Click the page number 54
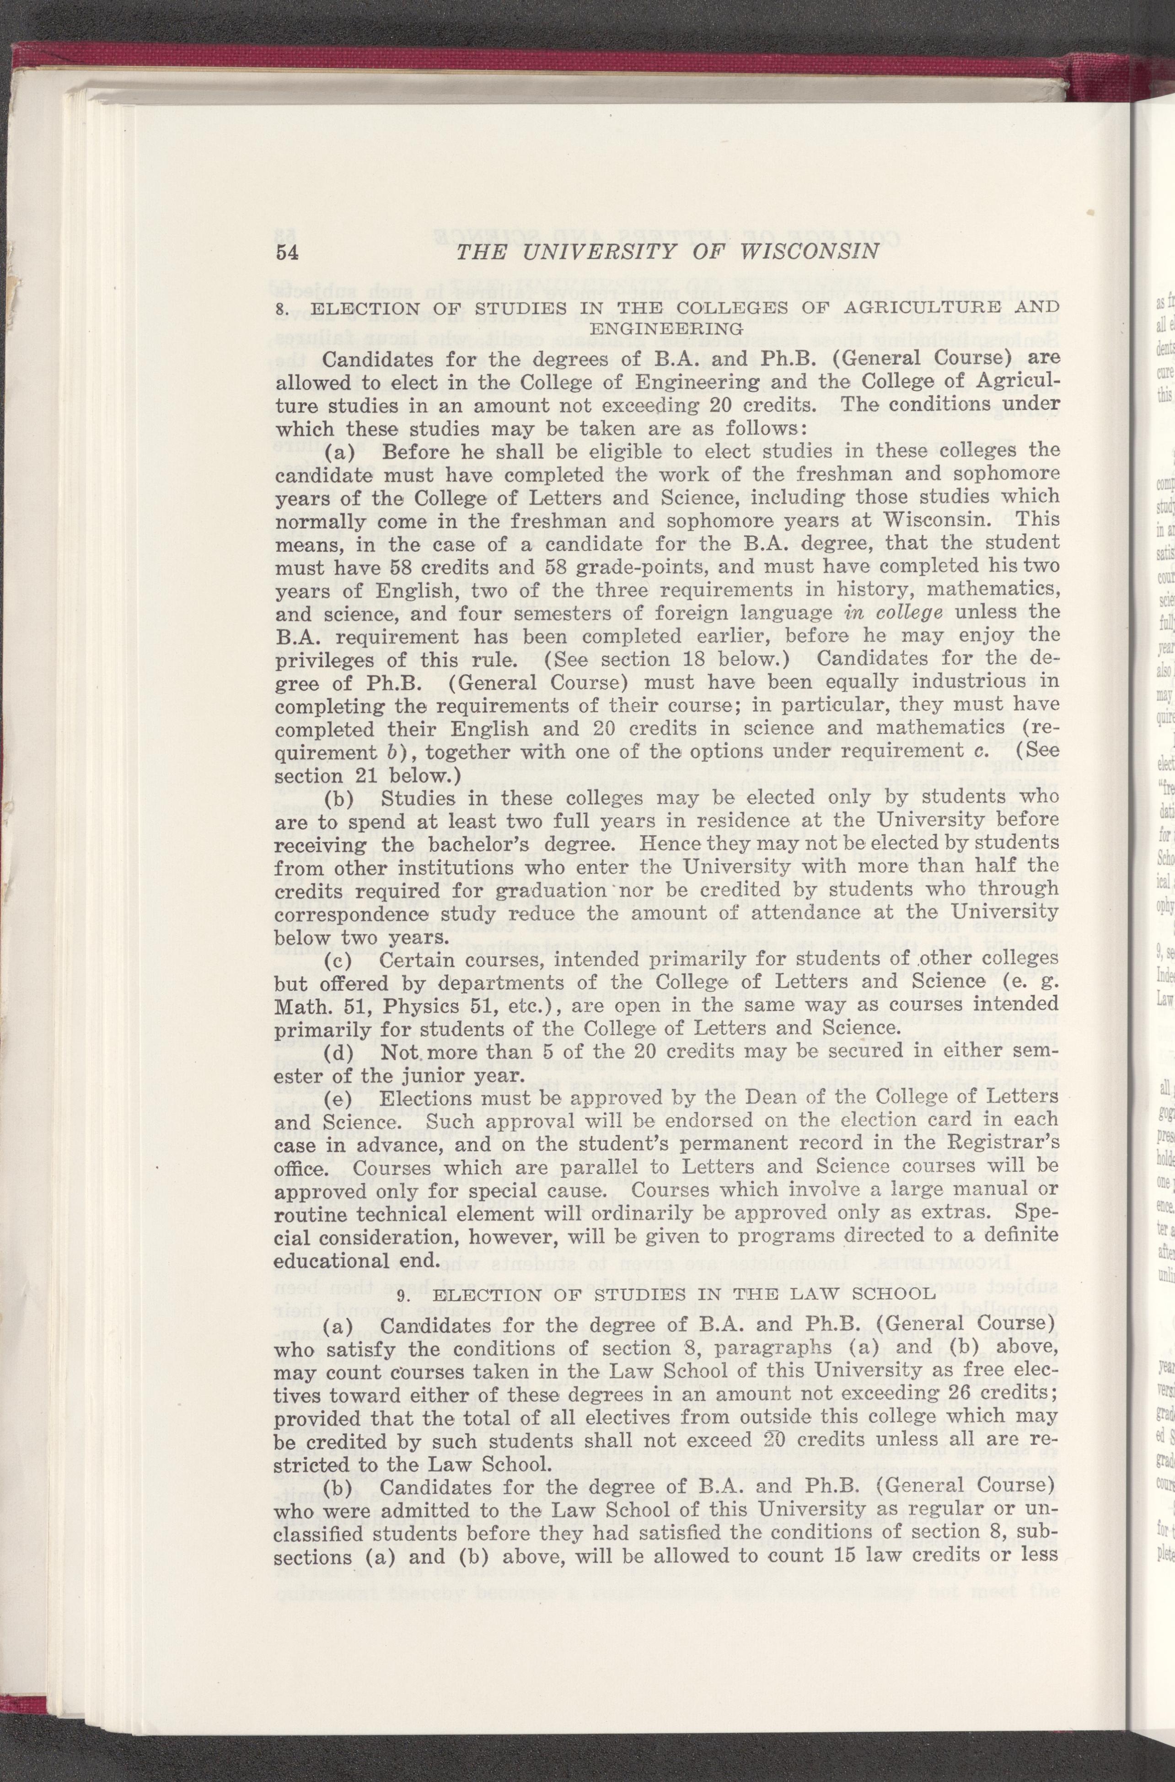[288, 252]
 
